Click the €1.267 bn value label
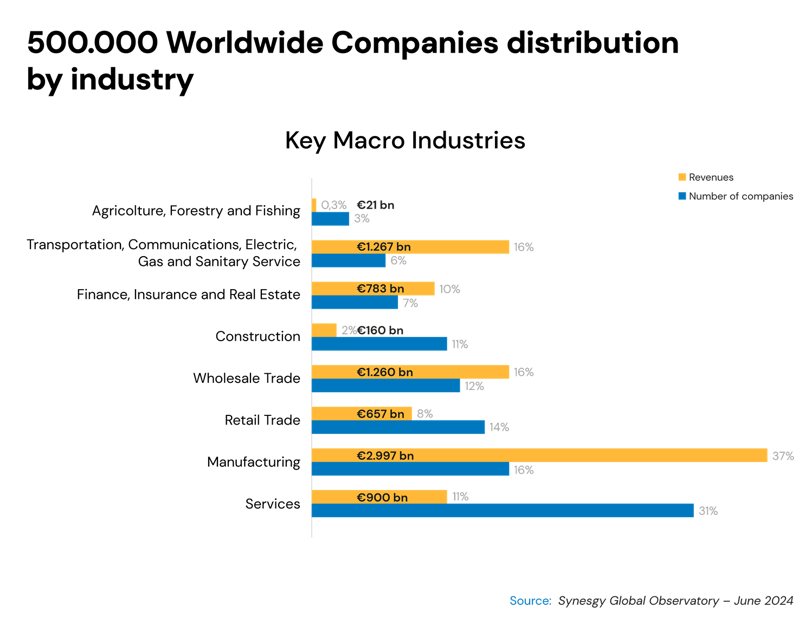[383, 247]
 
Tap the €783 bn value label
[380, 289]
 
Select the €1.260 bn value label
[384, 372]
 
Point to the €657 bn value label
[380, 414]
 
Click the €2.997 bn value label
[385, 455]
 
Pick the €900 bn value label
[382, 497]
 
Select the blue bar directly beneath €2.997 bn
[410, 470]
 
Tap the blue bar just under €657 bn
[398, 428]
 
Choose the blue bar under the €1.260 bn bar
[386, 386]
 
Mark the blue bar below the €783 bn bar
[355, 303]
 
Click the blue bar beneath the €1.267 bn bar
[349, 262]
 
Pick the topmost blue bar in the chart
[330, 219]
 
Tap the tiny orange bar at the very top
[314, 204]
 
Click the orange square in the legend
[682, 177]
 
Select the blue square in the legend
[682, 196]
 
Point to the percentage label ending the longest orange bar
[783, 456]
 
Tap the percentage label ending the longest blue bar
[708, 511]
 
